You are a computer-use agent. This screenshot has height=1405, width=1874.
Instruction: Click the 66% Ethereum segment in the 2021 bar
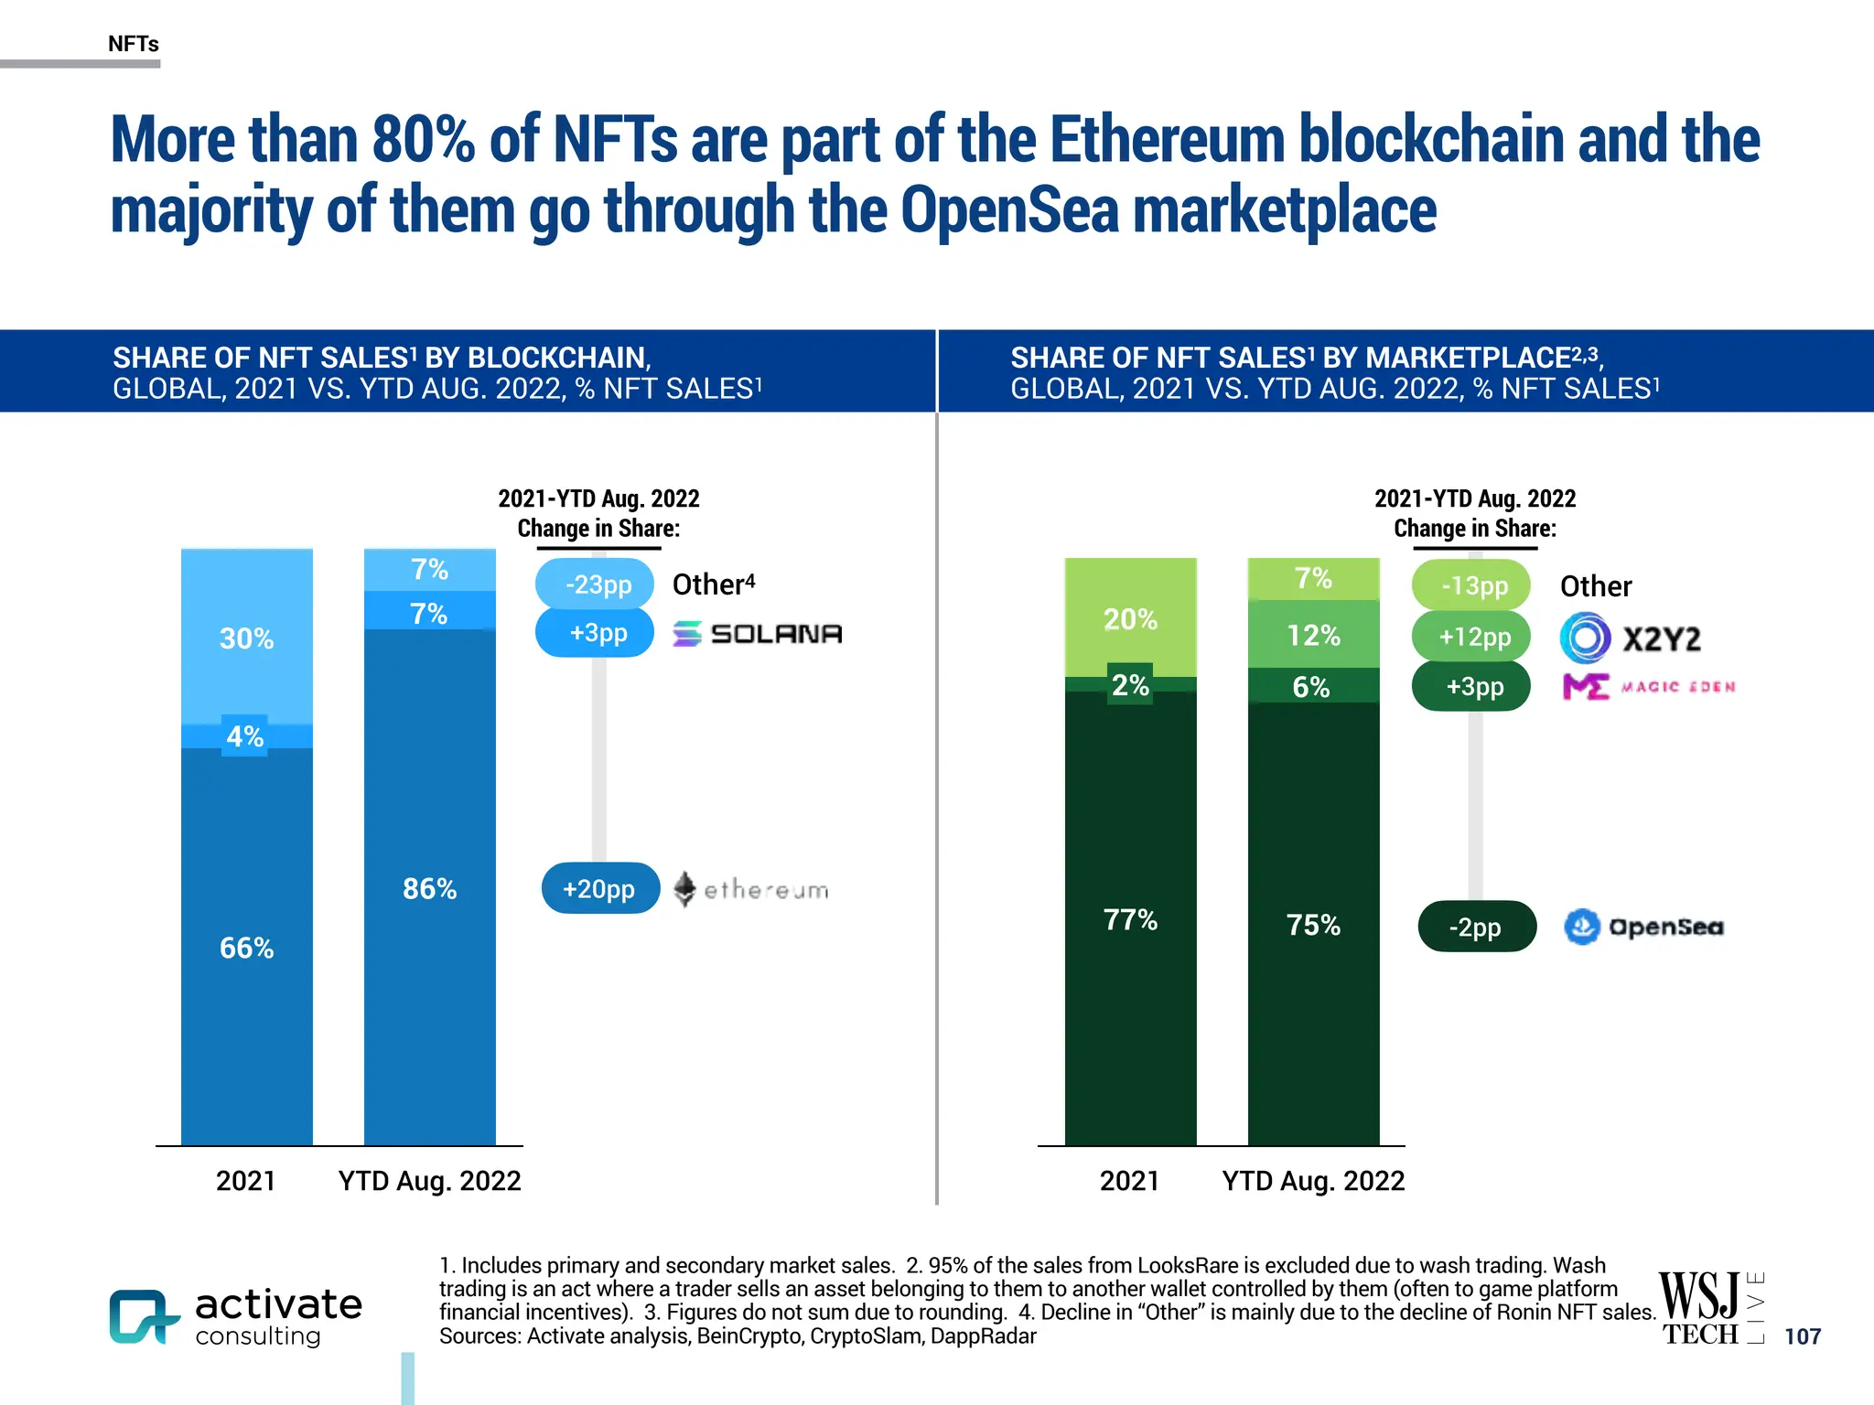pos(246,947)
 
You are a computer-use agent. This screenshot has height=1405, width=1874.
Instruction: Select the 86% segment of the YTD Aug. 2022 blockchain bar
pos(429,887)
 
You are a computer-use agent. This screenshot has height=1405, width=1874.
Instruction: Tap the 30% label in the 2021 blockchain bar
pos(246,638)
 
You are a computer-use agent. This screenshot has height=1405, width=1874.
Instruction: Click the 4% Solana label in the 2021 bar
pos(245,736)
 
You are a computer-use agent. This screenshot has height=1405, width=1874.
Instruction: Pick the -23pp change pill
pos(596,584)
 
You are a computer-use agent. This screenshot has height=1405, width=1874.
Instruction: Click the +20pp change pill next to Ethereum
pos(599,888)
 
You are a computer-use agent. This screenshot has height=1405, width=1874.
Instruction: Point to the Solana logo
pos(758,633)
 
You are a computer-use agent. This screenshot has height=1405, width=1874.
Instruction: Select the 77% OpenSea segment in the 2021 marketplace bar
pos(1130,919)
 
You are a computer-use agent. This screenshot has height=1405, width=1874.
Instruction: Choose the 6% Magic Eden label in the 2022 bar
pos(1311,686)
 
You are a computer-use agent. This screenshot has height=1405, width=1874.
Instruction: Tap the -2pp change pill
pos(1476,927)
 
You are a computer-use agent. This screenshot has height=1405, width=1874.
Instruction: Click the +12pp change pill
pos(1473,636)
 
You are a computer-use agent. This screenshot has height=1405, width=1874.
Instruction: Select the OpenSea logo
pos(1643,927)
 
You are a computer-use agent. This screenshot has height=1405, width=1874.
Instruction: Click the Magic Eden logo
pos(1648,686)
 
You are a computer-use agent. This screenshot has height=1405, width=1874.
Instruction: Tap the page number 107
pos(1802,1336)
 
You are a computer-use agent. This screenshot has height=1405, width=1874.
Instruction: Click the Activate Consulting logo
pos(236,1317)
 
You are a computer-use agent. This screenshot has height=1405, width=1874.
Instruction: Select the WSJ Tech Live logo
pos(1710,1309)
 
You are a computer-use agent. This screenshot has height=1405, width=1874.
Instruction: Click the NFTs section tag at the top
pos(134,44)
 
